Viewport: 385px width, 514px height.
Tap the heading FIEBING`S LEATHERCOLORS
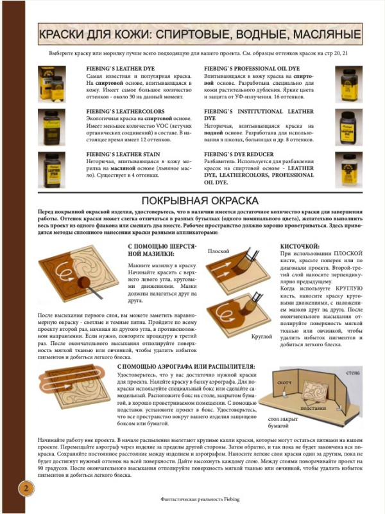[126, 111]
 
